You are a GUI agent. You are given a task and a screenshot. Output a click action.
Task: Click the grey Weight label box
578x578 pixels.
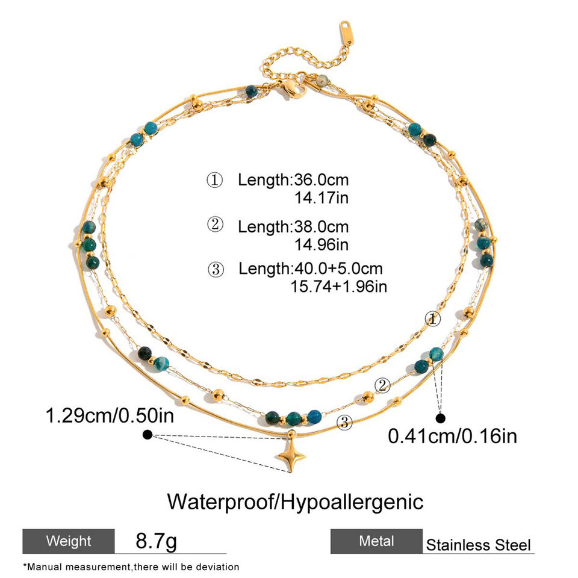(69, 541)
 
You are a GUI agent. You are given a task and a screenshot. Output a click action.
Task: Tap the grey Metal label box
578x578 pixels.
(376, 541)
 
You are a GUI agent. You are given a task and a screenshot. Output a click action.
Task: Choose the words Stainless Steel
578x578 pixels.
(479, 545)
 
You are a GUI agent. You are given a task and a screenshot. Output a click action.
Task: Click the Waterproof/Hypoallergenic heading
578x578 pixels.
(295, 501)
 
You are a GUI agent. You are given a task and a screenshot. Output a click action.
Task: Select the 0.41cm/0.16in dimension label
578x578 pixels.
(452, 435)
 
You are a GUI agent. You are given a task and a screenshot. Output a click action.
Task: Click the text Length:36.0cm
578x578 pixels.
(293, 179)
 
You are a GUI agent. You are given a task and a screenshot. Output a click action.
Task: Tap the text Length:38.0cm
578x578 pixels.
(293, 226)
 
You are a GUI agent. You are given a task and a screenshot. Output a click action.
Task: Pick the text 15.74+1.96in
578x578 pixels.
(338, 285)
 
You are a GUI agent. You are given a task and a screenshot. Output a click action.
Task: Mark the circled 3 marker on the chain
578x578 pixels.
(344, 423)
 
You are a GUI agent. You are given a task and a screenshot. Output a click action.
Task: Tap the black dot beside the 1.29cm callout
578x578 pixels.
(147, 434)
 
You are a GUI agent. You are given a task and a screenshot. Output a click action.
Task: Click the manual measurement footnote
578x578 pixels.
(131, 567)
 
